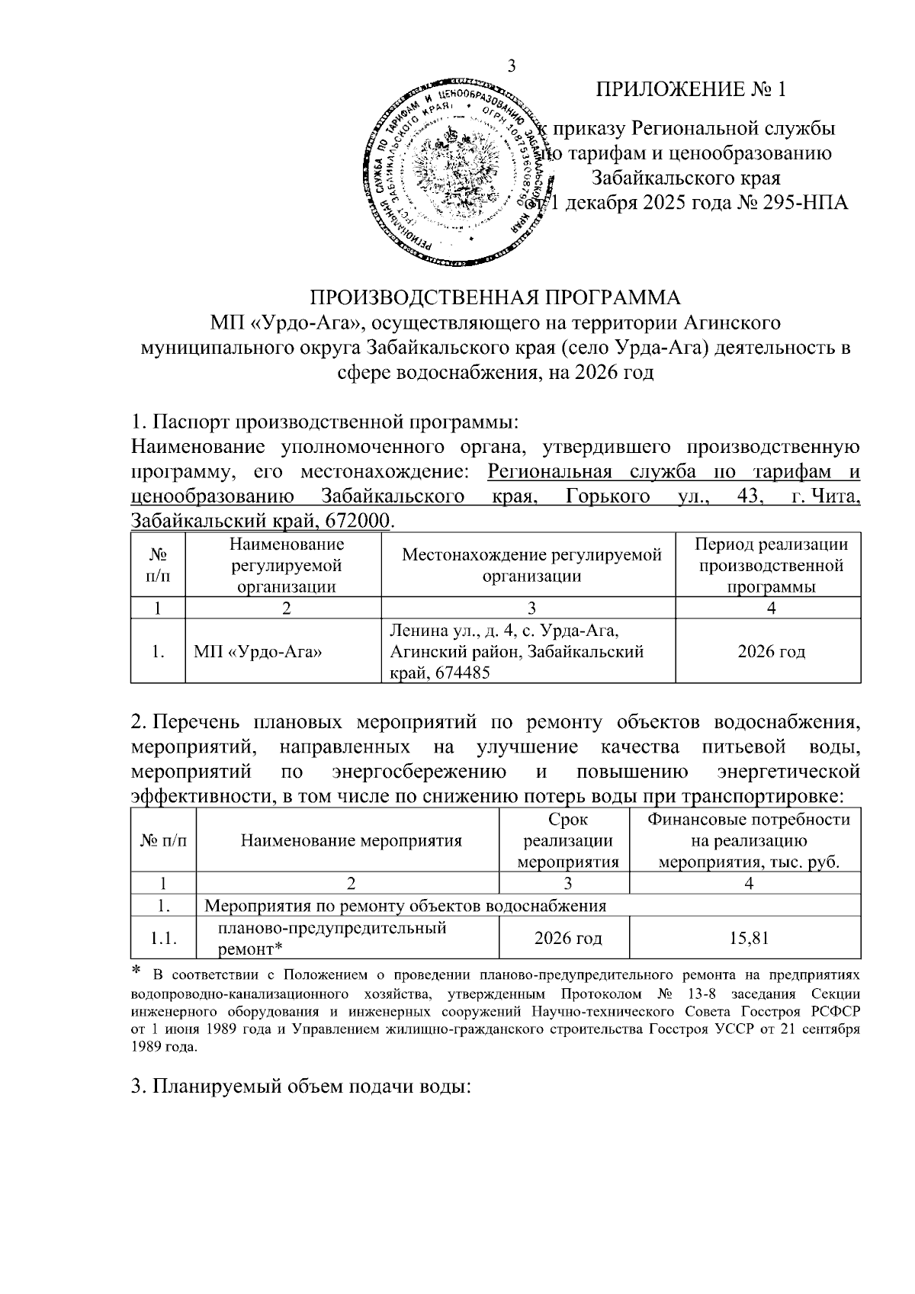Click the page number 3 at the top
tap(512, 66)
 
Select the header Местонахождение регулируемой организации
tap(531, 565)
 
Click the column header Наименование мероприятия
tap(352, 841)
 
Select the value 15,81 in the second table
tap(748, 938)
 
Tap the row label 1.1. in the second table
tap(164, 939)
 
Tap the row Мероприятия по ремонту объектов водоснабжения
tap(406, 906)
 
